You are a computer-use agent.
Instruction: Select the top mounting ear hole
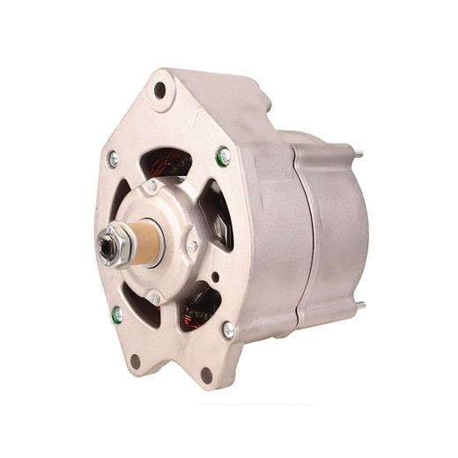(x=159, y=89)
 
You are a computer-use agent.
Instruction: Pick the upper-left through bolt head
(x=113, y=159)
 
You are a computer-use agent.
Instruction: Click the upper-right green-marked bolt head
(x=224, y=156)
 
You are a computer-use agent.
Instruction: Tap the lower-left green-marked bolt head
(x=116, y=313)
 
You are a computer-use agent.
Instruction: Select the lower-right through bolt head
(x=228, y=329)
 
